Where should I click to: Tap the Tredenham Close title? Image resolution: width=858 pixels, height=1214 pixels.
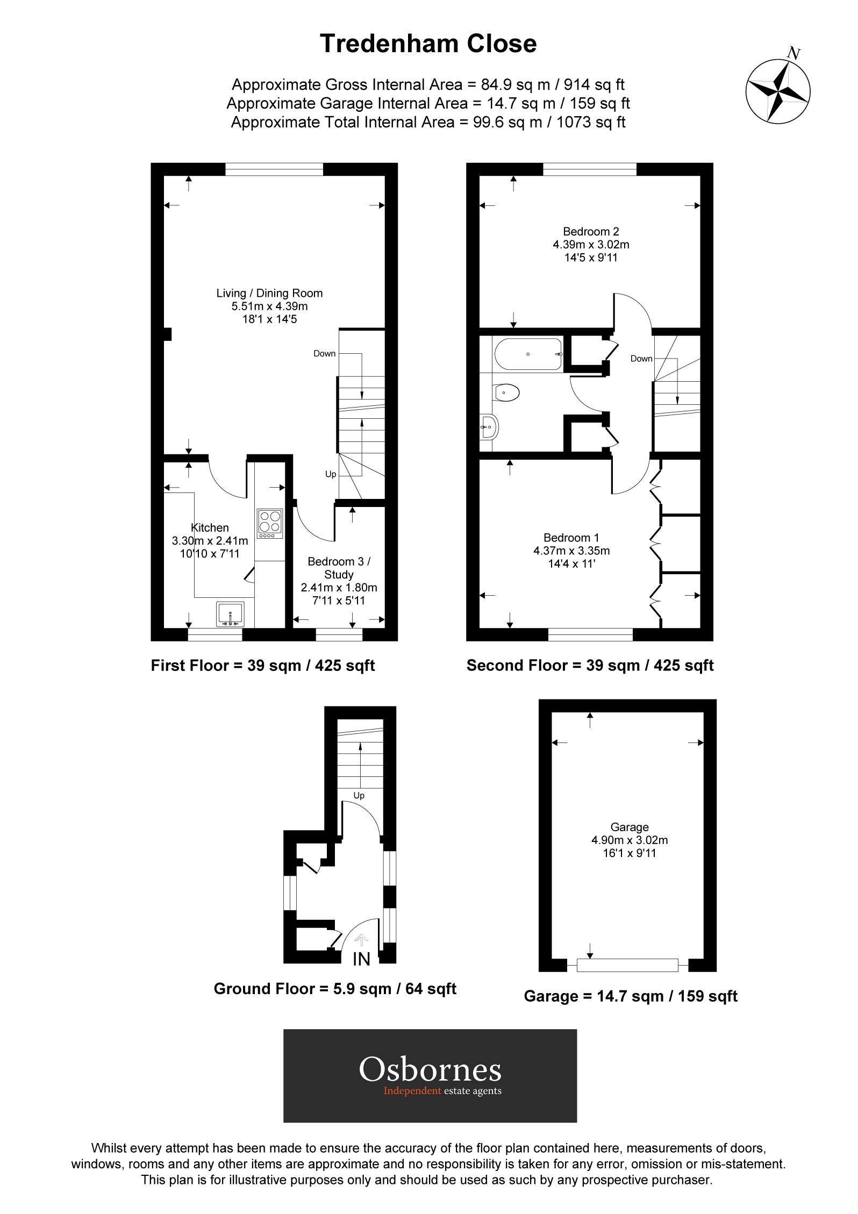click(428, 44)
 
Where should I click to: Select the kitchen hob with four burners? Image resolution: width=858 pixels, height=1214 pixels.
click(270, 524)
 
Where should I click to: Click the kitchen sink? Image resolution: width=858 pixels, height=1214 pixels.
click(230, 614)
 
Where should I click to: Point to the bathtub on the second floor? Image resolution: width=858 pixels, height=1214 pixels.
click(528, 354)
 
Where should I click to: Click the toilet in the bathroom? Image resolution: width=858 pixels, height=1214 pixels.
click(506, 392)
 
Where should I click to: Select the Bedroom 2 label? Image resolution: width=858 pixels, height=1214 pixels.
click(591, 232)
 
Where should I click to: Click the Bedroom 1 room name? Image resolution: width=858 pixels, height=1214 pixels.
click(571, 538)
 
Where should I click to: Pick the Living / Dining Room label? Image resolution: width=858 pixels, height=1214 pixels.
click(269, 293)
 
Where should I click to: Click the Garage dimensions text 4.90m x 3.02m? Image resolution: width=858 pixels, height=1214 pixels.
click(629, 840)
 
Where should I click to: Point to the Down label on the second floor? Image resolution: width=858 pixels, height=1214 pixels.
click(641, 359)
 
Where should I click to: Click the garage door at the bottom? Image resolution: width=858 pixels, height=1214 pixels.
click(627, 965)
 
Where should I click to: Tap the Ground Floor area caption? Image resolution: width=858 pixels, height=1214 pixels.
click(334, 988)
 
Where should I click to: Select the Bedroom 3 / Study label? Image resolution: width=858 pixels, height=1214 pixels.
click(339, 568)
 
